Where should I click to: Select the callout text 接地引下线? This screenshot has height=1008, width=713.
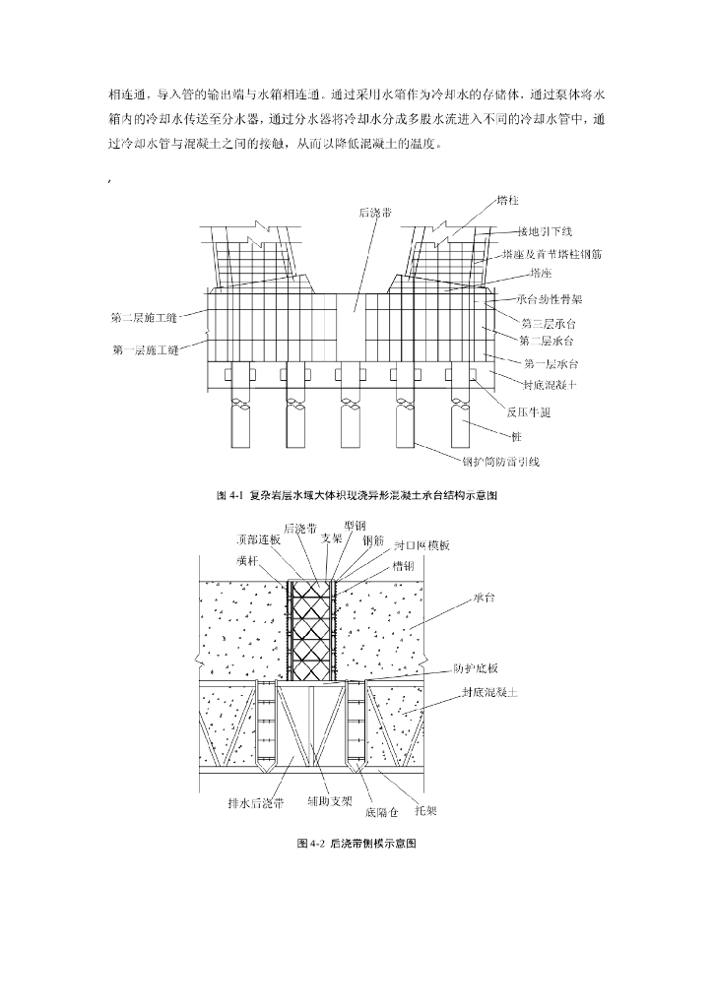[x=545, y=231]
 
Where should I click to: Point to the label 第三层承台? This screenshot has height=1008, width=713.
[x=548, y=322]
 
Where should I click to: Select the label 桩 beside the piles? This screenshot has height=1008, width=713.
[x=516, y=436]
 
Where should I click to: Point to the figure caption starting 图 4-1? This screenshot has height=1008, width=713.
[x=356, y=495]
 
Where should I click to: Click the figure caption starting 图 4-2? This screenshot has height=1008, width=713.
[x=356, y=844]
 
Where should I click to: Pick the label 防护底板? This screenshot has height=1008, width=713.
[x=476, y=666]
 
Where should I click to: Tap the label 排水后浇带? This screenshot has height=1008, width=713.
[x=255, y=802]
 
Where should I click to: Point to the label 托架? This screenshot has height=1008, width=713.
[x=426, y=812]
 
